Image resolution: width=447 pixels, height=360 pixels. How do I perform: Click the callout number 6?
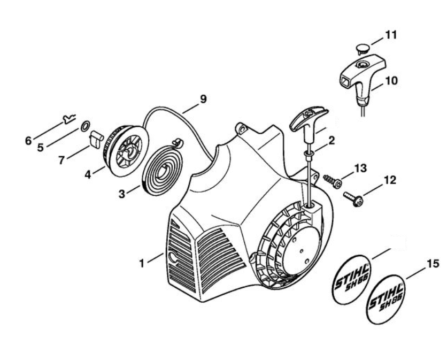pos(28,141)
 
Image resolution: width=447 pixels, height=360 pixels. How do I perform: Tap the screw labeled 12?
pos(353,200)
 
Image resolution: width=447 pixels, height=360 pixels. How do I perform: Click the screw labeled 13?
pos(333,181)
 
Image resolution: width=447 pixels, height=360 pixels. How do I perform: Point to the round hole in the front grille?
pos(173,258)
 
